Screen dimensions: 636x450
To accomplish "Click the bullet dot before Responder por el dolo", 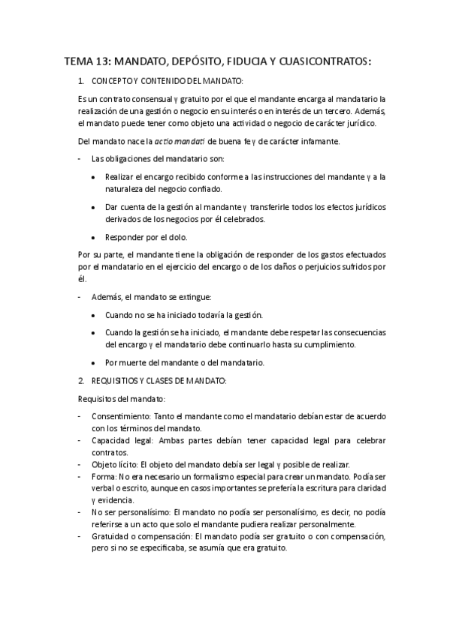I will point(92,237).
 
